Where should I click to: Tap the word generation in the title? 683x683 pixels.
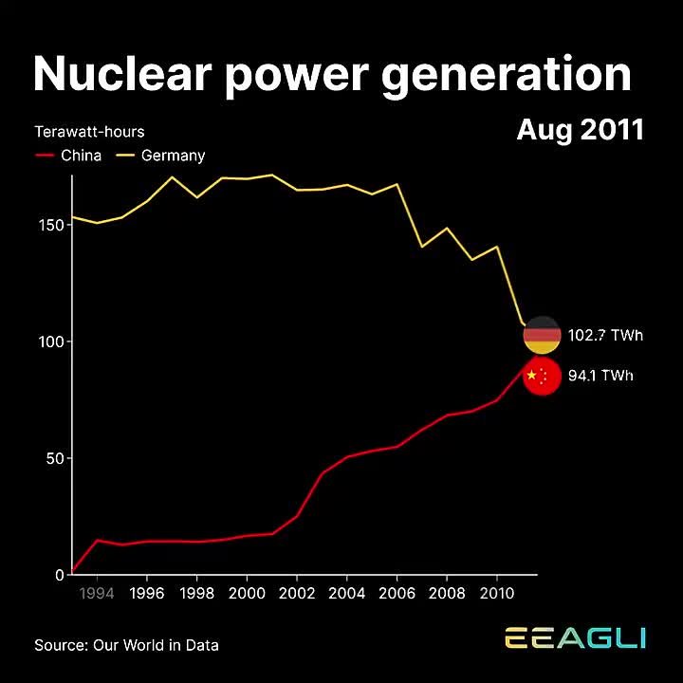508,76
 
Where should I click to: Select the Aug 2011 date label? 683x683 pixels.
580,130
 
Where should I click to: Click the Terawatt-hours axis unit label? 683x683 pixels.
89,132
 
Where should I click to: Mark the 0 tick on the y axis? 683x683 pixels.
58,575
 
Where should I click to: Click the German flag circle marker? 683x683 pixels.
542,335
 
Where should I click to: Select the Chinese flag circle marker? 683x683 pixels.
542,377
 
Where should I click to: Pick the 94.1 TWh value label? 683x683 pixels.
600,377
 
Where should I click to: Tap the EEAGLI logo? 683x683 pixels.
575,637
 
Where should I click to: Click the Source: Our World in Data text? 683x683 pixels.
126,645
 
